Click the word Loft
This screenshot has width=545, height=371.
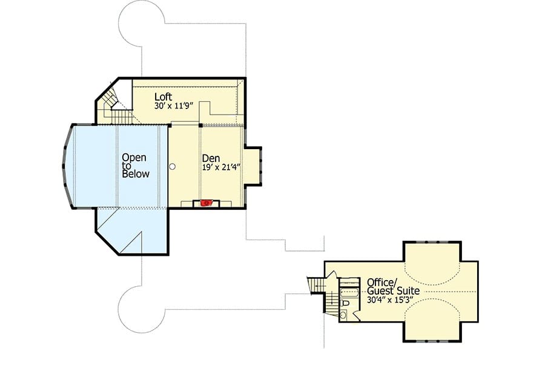click(163, 96)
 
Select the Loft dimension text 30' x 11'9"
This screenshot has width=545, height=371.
click(173, 106)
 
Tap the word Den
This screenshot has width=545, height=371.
click(211, 158)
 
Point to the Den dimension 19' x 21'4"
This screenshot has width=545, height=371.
click(222, 167)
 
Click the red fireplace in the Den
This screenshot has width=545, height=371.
click(206, 202)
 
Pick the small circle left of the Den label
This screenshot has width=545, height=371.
click(172, 167)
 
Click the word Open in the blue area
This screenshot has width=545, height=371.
click(134, 158)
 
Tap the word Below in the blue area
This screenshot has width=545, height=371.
click(136, 173)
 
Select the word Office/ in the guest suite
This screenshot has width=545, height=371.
click(381, 282)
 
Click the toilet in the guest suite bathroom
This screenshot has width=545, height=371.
click(345, 302)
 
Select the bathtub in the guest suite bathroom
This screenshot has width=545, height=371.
click(349, 292)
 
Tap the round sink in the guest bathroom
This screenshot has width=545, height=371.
click(343, 315)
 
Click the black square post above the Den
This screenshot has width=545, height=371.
click(200, 125)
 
